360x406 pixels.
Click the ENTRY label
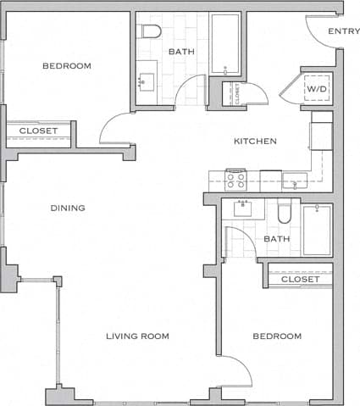coord(343,31)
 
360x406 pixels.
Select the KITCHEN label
coord(255,141)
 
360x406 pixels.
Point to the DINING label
coord(67,208)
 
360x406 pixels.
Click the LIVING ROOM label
coord(137,336)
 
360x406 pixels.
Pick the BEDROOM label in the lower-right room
coord(277,336)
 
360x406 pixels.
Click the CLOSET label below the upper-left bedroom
coord(38,131)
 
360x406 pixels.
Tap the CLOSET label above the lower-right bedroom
coord(300,279)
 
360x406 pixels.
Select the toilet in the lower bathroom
coord(284,212)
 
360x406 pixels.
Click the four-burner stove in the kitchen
coord(235,180)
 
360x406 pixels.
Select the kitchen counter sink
coord(295,180)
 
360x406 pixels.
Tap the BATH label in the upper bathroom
coord(181,52)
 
